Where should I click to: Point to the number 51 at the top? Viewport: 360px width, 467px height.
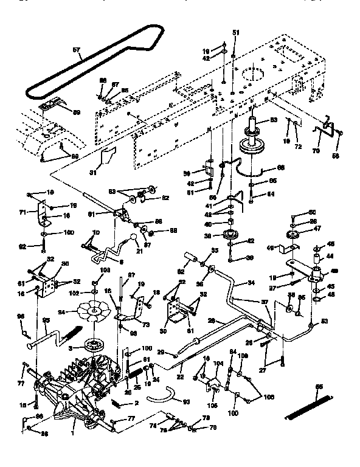tap(236, 32)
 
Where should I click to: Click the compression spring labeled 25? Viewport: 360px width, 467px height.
tap(135, 384)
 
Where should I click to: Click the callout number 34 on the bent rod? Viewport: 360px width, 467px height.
tap(251, 282)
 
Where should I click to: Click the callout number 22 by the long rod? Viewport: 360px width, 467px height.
tap(180, 378)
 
